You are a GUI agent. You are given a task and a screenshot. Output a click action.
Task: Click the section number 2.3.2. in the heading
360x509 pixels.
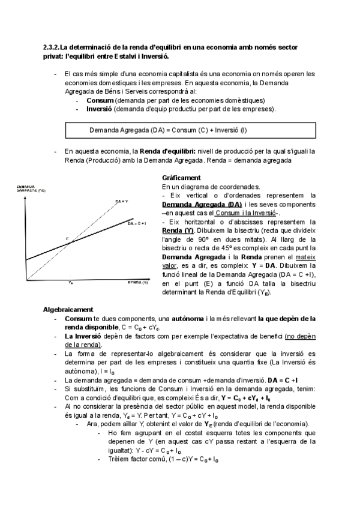(x=53, y=47)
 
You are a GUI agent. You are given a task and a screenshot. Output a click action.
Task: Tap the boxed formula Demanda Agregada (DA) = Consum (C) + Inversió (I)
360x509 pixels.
(x=168, y=130)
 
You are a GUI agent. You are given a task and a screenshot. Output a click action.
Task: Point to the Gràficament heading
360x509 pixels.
(x=181, y=178)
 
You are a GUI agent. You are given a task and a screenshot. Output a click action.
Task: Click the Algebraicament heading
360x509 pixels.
(x=68, y=309)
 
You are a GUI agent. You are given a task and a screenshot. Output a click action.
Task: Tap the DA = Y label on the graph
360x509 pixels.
(x=121, y=201)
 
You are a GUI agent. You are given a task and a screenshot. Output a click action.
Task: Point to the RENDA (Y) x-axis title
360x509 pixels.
(x=137, y=282)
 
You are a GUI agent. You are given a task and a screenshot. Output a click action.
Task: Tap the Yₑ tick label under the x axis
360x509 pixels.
(x=71, y=282)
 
